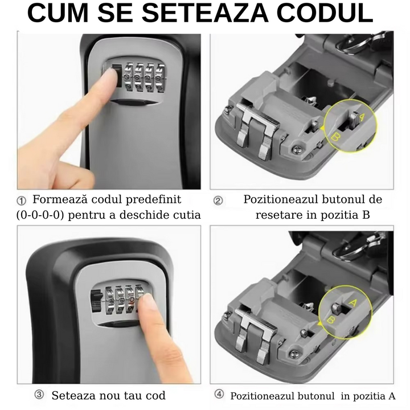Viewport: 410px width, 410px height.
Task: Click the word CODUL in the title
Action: click(x=325, y=13)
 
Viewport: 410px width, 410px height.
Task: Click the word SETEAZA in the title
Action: click(x=205, y=13)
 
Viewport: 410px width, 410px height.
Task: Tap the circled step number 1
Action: click(x=21, y=201)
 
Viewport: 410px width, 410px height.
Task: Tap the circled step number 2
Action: click(x=218, y=201)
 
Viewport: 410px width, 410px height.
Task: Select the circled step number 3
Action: click(x=39, y=395)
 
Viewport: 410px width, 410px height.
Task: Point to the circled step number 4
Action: click(x=219, y=394)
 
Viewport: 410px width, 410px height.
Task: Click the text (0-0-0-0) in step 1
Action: click(x=40, y=215)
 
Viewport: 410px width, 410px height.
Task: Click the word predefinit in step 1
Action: click(x=154, y=199)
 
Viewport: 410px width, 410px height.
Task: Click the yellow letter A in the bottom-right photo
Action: click(x=353, y=303)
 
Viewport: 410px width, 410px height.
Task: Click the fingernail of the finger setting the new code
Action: click(x=147, y=301)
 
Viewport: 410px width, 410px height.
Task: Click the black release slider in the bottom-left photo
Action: click(x=96, y=301)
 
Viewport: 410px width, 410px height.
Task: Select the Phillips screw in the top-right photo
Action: click(x=297, y=150)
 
